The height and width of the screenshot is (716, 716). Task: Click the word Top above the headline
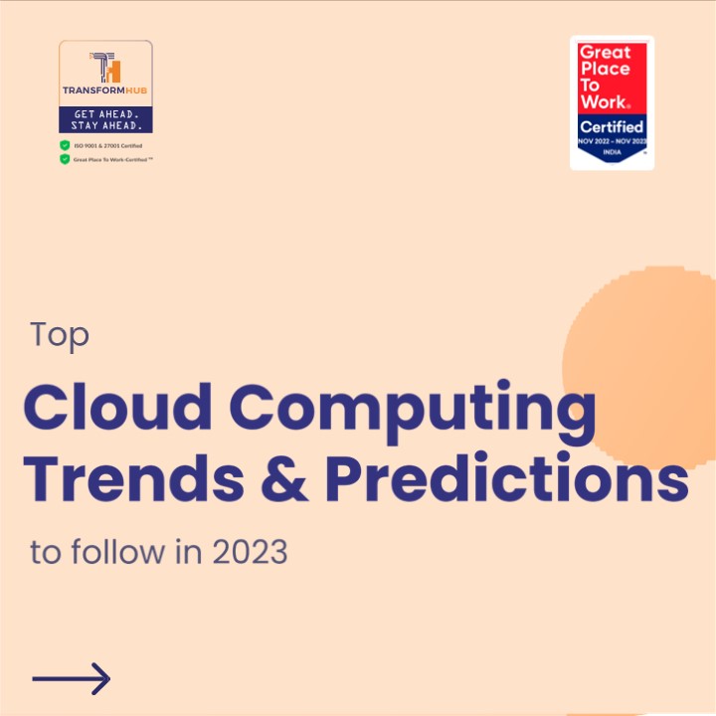[x=60, y=335]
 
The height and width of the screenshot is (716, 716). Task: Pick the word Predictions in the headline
[x=506, y=479]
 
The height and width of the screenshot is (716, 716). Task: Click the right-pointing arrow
[x=71, y=679]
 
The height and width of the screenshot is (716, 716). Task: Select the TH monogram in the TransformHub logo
[x=105, y=69]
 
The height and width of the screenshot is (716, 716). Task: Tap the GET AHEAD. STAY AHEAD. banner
[x=106, y=119]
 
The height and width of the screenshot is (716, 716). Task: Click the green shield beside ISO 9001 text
[x=65, y=145]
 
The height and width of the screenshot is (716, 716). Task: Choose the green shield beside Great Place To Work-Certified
[x=65, y=159]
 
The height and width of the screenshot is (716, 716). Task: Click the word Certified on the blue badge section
[x=612, y=127]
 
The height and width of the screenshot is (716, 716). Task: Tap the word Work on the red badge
[x=603, y=101]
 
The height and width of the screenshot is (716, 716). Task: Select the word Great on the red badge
[x=605, y=52]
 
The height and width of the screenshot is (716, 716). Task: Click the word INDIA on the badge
[x=612, y=151]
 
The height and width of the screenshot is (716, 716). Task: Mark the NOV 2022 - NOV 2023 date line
[x=612, y=141]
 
